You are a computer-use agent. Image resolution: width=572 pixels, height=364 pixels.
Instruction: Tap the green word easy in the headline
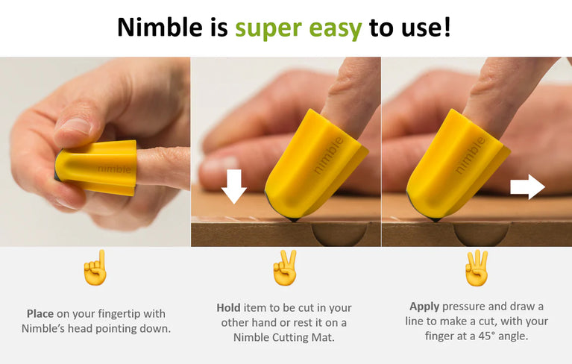click(x=333, y=28)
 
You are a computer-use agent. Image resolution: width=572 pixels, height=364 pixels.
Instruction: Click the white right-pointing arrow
click(x=527, y=186)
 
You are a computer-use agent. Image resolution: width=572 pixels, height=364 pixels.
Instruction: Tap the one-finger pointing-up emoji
click(x=95, y=269)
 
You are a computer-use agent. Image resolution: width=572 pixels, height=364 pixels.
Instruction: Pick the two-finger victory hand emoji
click(x=286, y=269)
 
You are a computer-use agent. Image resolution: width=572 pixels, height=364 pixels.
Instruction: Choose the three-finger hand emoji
click(x=477, y=269)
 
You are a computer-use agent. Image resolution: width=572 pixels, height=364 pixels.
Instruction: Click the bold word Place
click(x=40, y=314)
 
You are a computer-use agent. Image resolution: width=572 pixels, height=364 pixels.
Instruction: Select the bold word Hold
click(x=228, y=308)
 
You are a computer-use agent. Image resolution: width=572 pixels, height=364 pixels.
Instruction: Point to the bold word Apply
click(x=424, y=307)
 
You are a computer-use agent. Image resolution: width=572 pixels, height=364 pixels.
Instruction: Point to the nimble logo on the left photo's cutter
click(x=113, y=169)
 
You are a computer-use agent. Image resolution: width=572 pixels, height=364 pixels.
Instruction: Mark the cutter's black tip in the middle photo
click(x=292, y=219)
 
